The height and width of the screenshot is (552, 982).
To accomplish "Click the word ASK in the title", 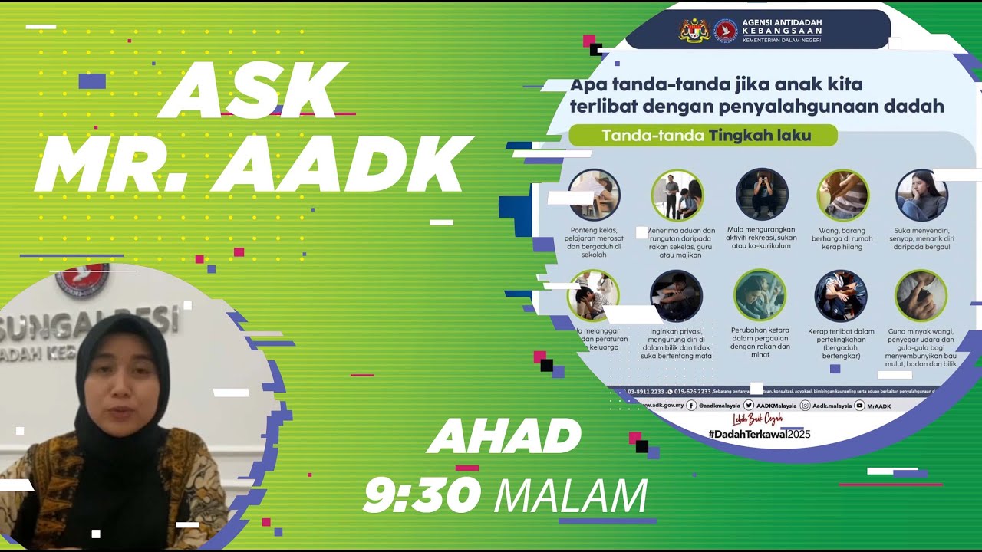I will [253, 90].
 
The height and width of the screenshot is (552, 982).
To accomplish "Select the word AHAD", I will [504, 437].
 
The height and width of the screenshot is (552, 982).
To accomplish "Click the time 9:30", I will [422, 495].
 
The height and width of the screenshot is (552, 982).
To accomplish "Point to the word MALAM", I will [571, 497].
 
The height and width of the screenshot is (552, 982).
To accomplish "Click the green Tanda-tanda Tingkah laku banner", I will [703, 136].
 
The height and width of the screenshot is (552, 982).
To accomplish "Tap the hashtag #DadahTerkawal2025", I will [759, 434].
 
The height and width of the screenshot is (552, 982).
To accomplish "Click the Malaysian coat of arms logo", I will [694, 31].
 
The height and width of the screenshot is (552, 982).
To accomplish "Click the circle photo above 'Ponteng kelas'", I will [594, 195].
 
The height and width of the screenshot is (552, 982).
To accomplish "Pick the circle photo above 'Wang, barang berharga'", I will [842, 195].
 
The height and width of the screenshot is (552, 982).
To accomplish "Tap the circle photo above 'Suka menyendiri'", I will [921, 195].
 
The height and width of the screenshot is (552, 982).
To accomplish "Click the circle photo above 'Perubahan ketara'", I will [760, 295].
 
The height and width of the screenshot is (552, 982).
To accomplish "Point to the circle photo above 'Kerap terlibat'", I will [841, 295].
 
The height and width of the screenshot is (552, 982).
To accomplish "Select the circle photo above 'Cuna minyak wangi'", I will [921, 295].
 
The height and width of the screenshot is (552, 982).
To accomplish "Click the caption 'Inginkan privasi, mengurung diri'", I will [676, 343].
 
